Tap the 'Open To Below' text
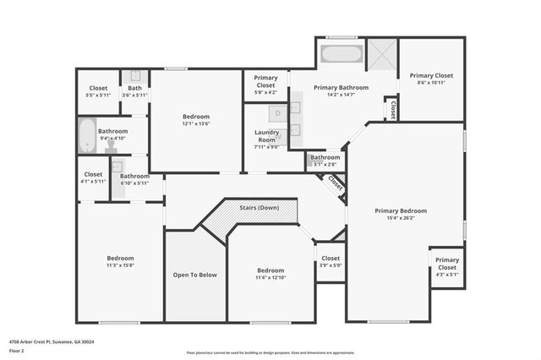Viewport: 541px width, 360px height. (x=195, y=275)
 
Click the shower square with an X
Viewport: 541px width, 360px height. (x=382, y=55)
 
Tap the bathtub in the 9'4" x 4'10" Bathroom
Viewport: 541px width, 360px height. (x=87, y=135)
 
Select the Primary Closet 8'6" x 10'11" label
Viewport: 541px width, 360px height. (x=431, y=79)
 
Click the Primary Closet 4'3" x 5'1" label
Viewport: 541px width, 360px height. (x=447, y=267)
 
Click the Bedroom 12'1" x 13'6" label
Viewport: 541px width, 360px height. (x=196, y=120)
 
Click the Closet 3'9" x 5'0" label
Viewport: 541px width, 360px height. (x=330, y=261)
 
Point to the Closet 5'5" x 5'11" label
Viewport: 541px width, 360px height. (x=98, y=91)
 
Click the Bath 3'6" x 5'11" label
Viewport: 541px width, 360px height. (x=134, y=91)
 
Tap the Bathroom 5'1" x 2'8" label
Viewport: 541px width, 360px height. (x=325, y=160)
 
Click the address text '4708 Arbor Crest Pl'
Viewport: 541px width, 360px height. (x=30, y=341)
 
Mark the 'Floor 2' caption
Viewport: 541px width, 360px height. (x=15, y=349)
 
